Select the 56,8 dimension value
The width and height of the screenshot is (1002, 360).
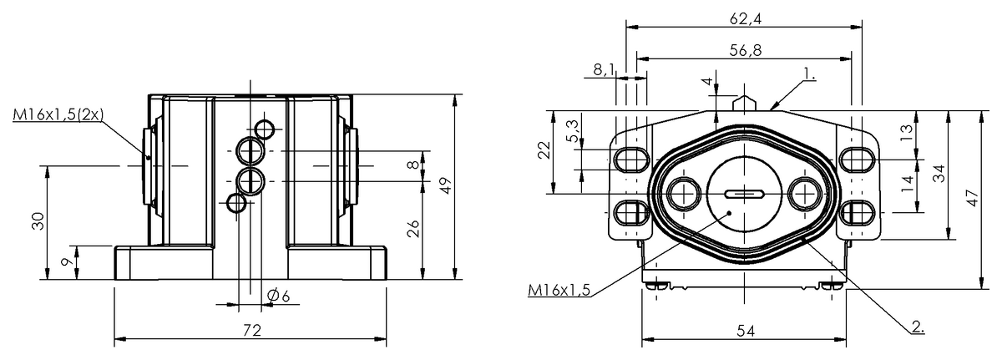coord(743,49)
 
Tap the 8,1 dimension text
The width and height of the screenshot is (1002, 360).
coord(604,70)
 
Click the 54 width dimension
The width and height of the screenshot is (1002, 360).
coord(745,332)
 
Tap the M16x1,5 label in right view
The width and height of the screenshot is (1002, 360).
coord(559,290)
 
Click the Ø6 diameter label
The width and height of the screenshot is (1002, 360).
coord(278,296)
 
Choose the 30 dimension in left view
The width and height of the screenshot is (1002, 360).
coord(38,221)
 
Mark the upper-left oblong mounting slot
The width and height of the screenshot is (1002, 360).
coord(630,158)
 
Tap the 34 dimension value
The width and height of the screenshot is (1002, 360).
coord(939,174)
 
